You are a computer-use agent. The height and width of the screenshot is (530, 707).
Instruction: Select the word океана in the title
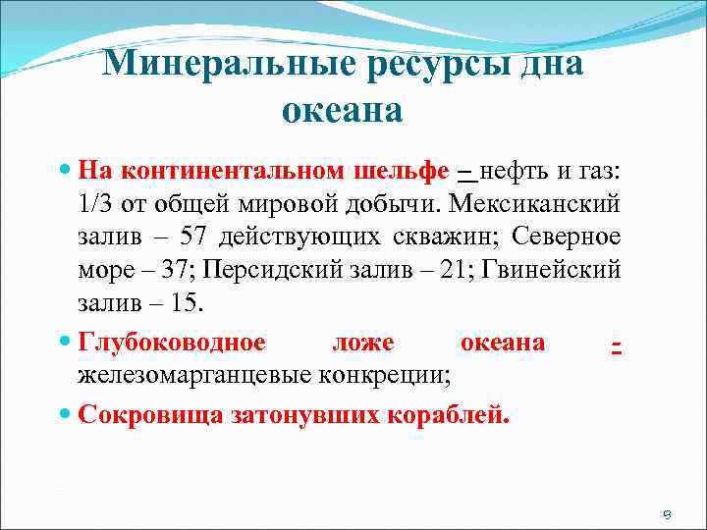(x=343, y=111)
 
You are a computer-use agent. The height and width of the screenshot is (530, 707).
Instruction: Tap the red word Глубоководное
(x=172, y=343)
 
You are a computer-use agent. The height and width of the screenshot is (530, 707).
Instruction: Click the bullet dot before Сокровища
(x=66, y=413)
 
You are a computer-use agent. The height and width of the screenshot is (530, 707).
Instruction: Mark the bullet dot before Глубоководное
(x=66, y=343)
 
